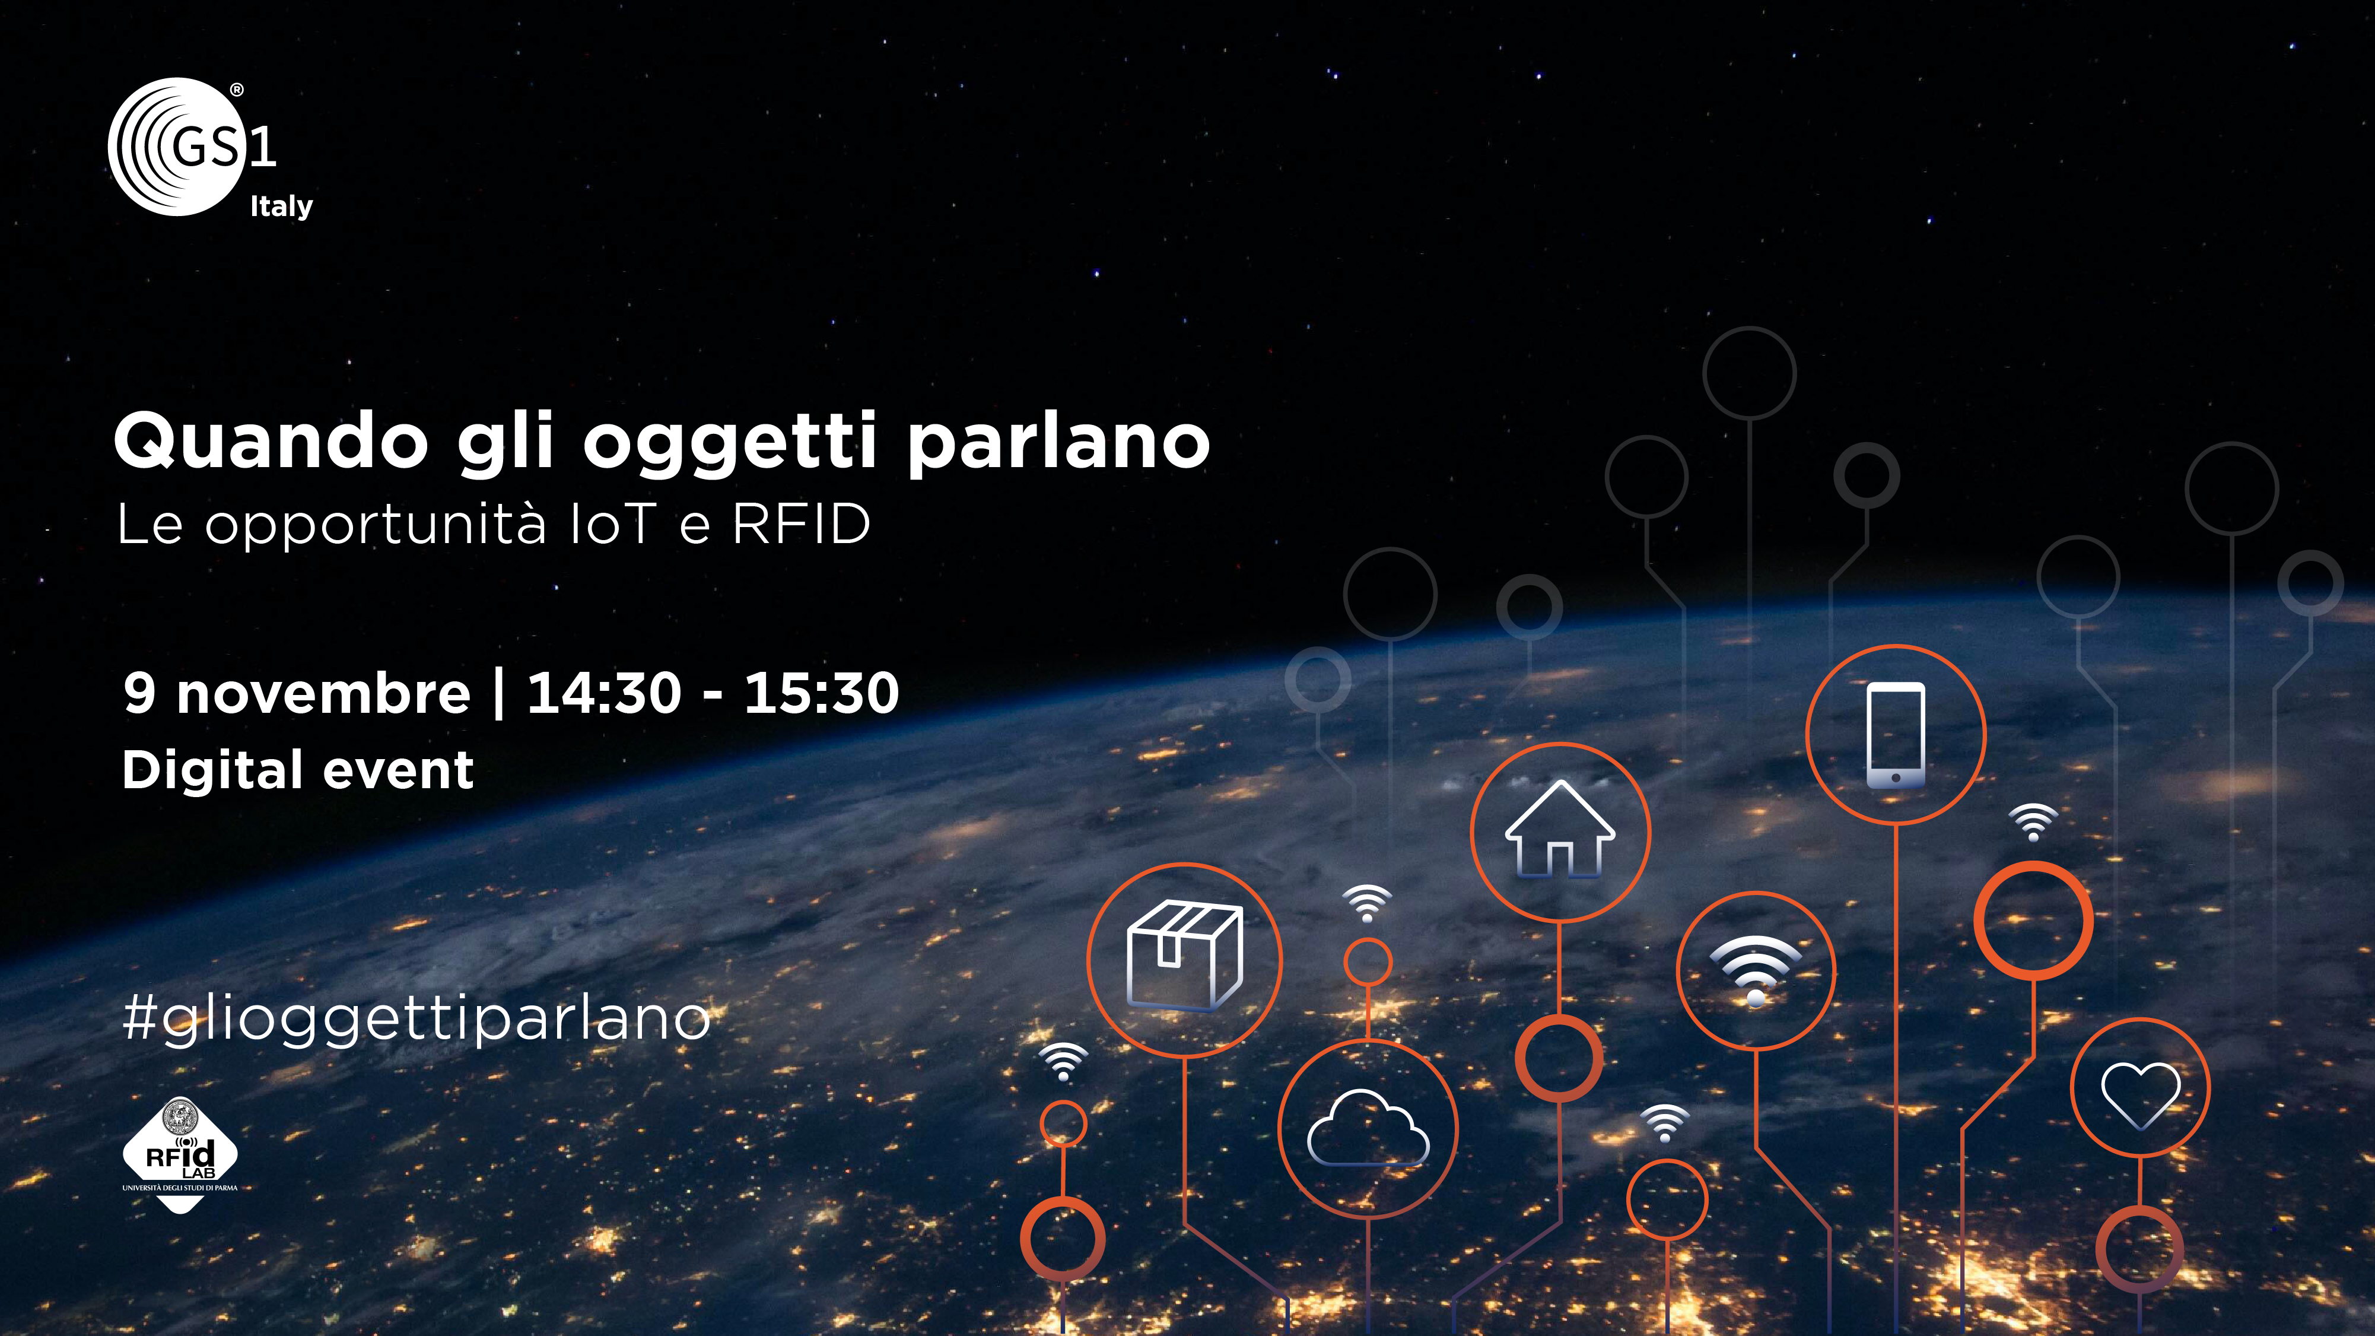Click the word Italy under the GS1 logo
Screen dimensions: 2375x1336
pos(281,207)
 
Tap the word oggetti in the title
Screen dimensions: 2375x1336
pos(729,445)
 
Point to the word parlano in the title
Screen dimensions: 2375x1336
pos(1058,445)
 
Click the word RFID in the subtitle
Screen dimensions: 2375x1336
pos(801,525)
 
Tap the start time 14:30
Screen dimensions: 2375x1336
pos(604,693)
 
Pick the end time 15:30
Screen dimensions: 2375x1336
pos(822,693)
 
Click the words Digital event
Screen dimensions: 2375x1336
pos(298,771)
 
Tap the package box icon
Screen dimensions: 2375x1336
pos(1185,955)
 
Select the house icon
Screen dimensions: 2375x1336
pos(1560,829)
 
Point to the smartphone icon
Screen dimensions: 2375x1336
pos(1896,735)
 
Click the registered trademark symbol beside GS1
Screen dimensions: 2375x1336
pos(237,90)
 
